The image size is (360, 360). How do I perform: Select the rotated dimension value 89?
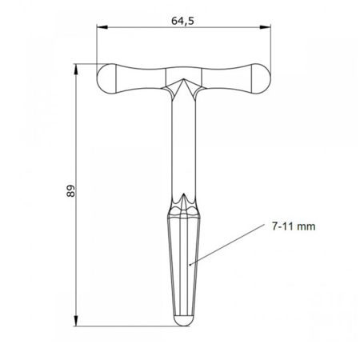70,192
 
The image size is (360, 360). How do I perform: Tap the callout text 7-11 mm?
288,227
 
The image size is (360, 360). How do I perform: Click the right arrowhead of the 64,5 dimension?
266,27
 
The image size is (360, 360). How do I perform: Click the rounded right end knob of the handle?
260,79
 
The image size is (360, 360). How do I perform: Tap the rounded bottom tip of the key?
184,321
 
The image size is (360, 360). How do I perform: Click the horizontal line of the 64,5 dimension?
144,27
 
